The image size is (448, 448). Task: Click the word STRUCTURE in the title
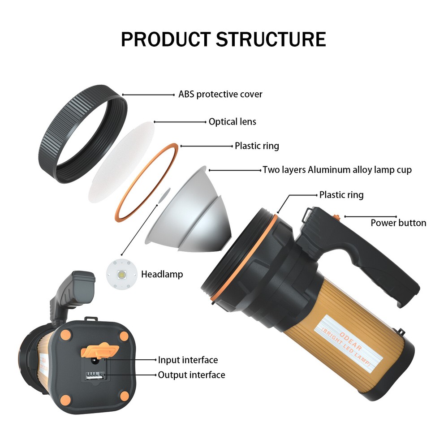(x=271, y=39)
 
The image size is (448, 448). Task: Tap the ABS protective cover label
(x=220, y=95)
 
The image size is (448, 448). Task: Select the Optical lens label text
(x=232, y=121)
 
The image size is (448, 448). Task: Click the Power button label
(x=398, y=223)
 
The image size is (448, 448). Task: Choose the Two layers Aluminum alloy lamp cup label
(x=337, y=170)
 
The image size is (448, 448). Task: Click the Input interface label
(x=188, y=360)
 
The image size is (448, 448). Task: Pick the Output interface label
(x=191, y=375)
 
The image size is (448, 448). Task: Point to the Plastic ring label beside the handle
(x=341, y=195)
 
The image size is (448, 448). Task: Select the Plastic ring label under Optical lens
(x=257, y=146)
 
